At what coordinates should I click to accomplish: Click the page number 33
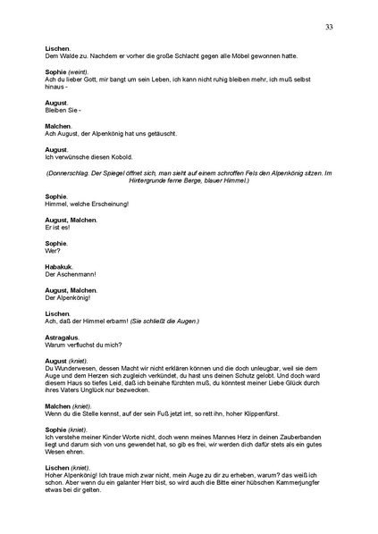329,28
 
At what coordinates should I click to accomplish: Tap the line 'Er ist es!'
57,228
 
